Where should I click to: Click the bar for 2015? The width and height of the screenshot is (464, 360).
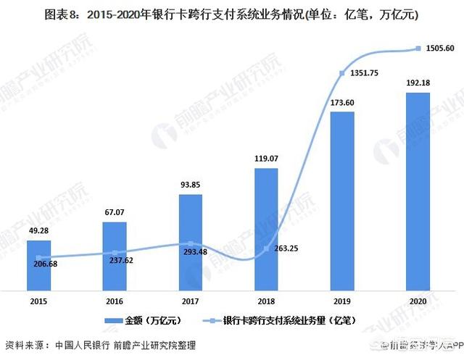39,264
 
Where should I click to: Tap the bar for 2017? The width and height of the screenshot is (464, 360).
190,242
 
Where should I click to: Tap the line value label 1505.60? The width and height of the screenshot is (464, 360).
438,49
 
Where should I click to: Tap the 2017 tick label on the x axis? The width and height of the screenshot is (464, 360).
190,300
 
